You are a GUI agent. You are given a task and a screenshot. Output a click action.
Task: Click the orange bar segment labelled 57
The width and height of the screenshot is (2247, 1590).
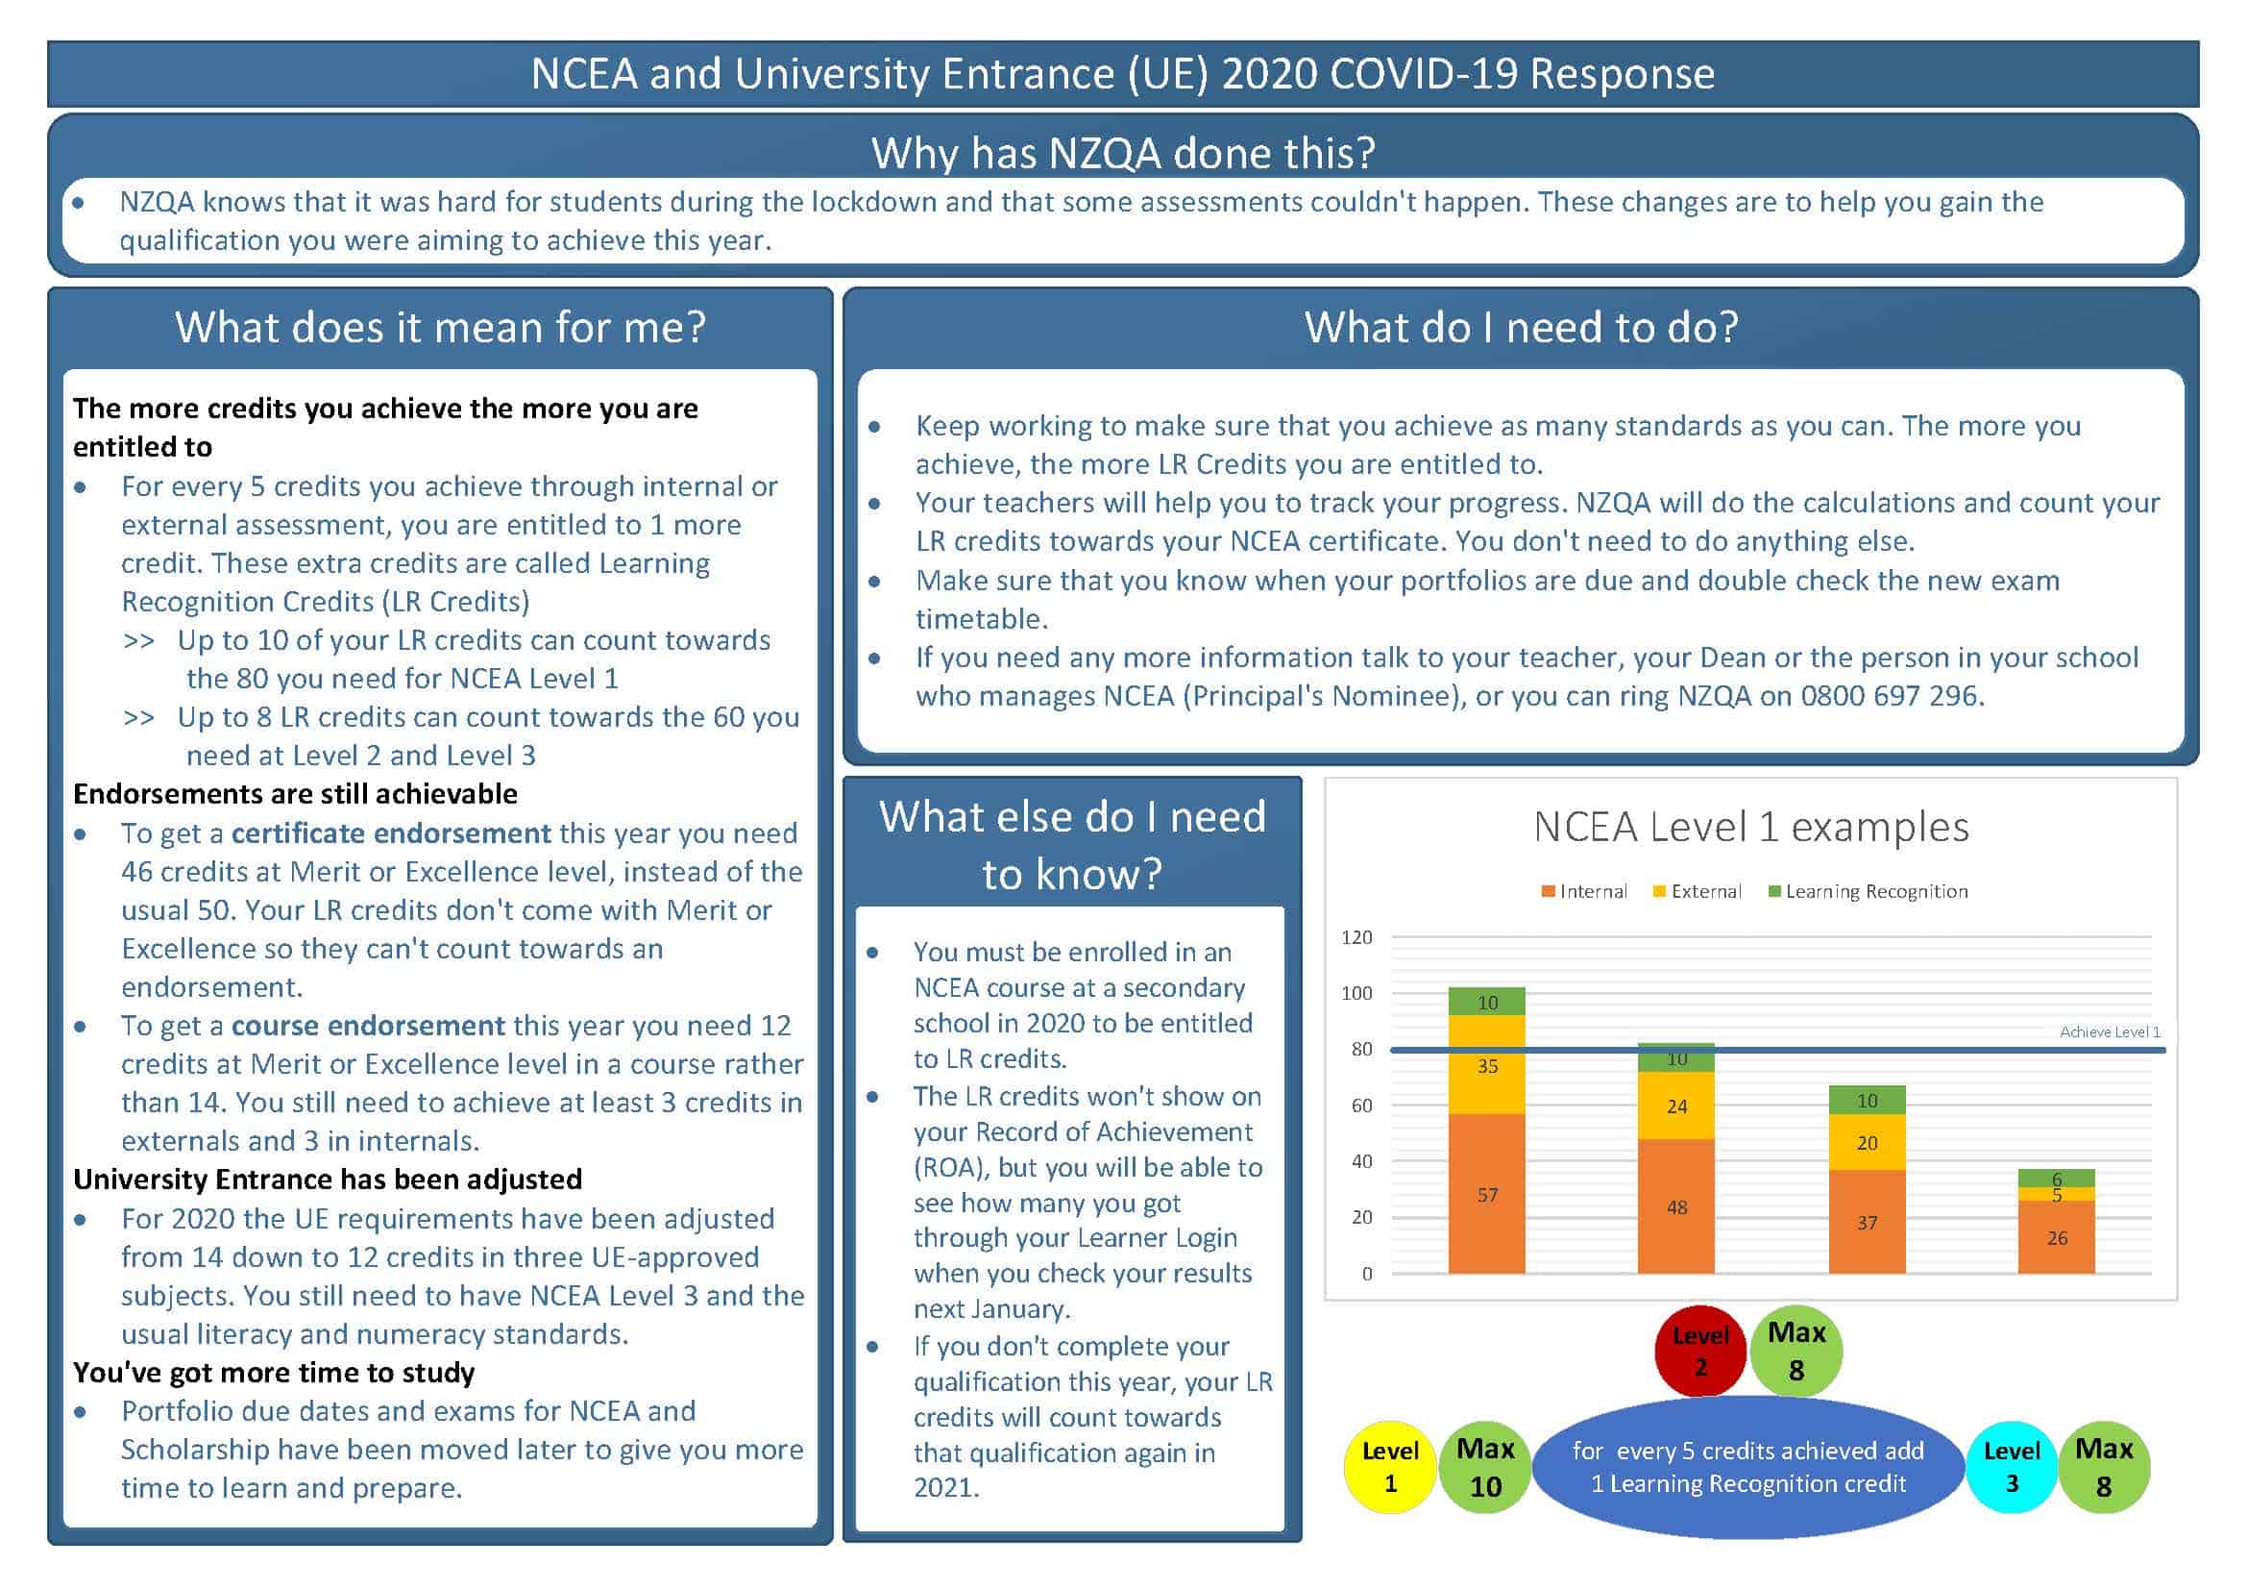pyautogui.click(x=1486, y=1194)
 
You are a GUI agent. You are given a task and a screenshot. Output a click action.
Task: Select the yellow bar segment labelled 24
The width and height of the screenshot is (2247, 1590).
pyautogui.click(x=1676, y=1106)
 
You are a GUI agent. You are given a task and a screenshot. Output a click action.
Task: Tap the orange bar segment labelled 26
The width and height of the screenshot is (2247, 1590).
pyautogui.click(x=2056, y=1237)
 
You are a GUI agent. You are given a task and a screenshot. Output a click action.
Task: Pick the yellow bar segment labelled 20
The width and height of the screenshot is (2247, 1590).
pyautogui.click(x=1868, y=1143)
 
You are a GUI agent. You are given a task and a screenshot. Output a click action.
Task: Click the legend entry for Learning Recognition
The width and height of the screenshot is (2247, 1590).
pyautogui.click(x=1868, y=891)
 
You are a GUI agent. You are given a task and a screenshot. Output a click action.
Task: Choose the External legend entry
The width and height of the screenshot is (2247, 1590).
pyautogui.click(x=1697, y=891)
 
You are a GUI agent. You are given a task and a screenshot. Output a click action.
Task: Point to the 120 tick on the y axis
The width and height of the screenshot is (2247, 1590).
pyautogui.click(x=1356, y=937)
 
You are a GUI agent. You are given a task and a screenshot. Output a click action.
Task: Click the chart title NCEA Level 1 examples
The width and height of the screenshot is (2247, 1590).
pyautogui.click(x=1751, y=827)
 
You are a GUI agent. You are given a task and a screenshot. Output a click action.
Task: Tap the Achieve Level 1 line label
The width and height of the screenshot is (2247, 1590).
pyautogui.click(x=2110, y=1031)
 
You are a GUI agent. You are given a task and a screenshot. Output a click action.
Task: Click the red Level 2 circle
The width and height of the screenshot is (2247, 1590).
pyautogui.click(x=1700, y=1350)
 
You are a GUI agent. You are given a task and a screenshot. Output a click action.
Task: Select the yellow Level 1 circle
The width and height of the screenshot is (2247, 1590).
pyautogui.click(x=1390, y=1467)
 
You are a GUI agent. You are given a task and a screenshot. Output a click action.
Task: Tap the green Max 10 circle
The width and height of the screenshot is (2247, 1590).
pyautogui.click(x=1484, y=1467)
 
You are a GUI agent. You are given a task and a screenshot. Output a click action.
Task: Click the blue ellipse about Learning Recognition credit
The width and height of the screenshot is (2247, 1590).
pyautogui.click(x=1747, y=1467)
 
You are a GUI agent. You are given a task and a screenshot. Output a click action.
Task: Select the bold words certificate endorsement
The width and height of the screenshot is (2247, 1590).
pyautogui.click(x=391, y=833)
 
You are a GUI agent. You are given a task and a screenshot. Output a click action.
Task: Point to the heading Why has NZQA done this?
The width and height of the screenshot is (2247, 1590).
pyautogui.click(x=1124, y=153)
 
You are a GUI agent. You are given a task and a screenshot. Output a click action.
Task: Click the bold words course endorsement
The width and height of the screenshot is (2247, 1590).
pyautogui.click(x=368, y=1025)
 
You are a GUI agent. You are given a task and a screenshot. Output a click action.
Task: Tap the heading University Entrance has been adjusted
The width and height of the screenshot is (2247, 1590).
pyautogui.click(x=328, y=1179)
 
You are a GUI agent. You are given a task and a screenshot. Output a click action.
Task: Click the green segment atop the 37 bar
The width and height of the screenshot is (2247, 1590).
pyautogui.click(x=1868, y=1100)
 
